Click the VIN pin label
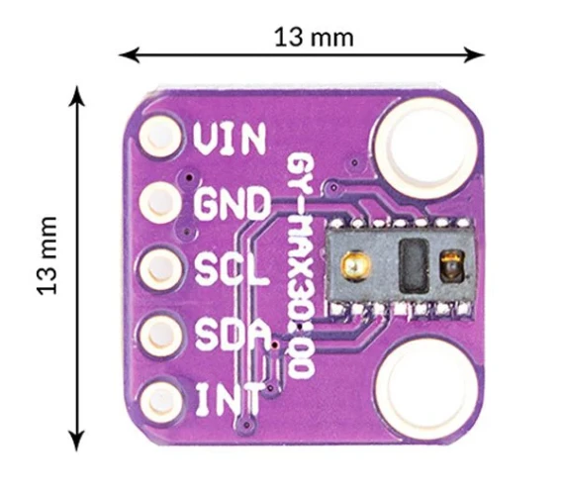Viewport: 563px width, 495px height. [230, 139]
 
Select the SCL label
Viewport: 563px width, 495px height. [232, 269]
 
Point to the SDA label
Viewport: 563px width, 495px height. [234, 336]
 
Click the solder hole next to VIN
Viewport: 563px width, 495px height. [159, 137]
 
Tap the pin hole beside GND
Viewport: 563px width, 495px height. [159, 203]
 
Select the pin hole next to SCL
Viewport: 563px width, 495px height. [159, 269]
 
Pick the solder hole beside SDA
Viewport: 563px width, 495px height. [160, 336]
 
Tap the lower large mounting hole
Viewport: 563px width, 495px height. [426, 390]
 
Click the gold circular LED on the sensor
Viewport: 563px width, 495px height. [356, 266]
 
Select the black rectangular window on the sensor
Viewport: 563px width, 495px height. [414, 266]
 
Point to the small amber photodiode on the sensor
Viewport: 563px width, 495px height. [452, 266]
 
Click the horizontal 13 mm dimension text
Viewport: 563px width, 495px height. [314, 38]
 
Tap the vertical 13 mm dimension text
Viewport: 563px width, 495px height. [47, 255]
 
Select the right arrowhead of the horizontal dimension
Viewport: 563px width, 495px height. [474, 55]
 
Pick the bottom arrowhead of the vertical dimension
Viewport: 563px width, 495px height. [76, 441]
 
